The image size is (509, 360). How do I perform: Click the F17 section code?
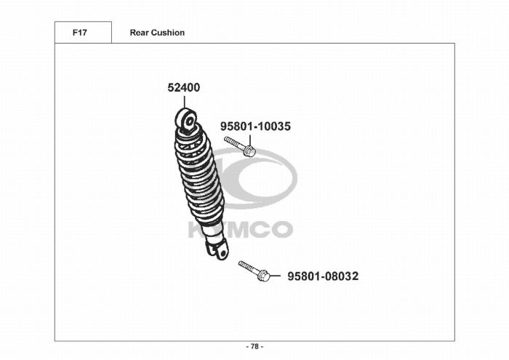(x=79, y=33)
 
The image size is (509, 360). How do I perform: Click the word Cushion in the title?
(x=168, y=33)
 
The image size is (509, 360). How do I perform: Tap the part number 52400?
(x=184, y=88)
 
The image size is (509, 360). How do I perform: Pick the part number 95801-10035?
(x=255, y=127)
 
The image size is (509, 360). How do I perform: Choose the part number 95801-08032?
(x=323, y=276)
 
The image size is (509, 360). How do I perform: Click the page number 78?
(x=254, y=347)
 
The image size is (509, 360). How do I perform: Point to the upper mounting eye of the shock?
(x=187, y=121)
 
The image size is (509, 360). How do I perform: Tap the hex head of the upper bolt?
(x=249, y=151)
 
